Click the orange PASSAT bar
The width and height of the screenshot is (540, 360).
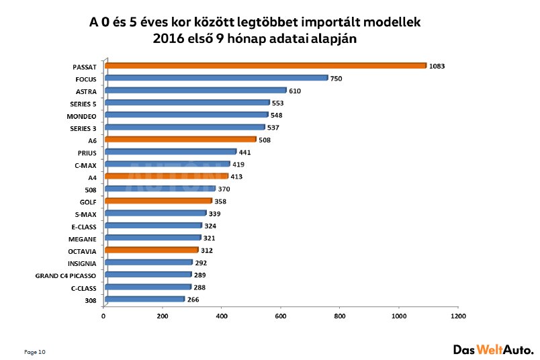(x=265, y=66)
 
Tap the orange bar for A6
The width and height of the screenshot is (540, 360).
(x=181, y=140)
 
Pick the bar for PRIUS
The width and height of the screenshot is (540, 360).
(x=171, y=152)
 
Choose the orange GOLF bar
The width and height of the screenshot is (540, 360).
(x=159, y=201)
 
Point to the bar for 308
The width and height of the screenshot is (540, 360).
(x=144, y=300)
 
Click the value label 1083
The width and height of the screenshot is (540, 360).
(x=439, y=66)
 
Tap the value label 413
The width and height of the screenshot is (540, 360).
(x=236, y=177)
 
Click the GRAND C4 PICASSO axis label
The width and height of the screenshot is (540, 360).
(x=66, y=276)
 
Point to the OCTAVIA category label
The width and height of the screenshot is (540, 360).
(x=82, y=251)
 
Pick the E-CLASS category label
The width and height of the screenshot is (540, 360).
(x=83, y=226)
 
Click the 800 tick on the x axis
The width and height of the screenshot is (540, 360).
(x=340, y=316)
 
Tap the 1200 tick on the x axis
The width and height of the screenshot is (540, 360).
(x=458, y=316)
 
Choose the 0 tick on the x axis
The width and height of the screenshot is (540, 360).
(x=104, y=316)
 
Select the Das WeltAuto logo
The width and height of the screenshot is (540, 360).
(x=493, y=349)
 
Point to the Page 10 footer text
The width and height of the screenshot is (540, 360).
(x=35, y=352)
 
